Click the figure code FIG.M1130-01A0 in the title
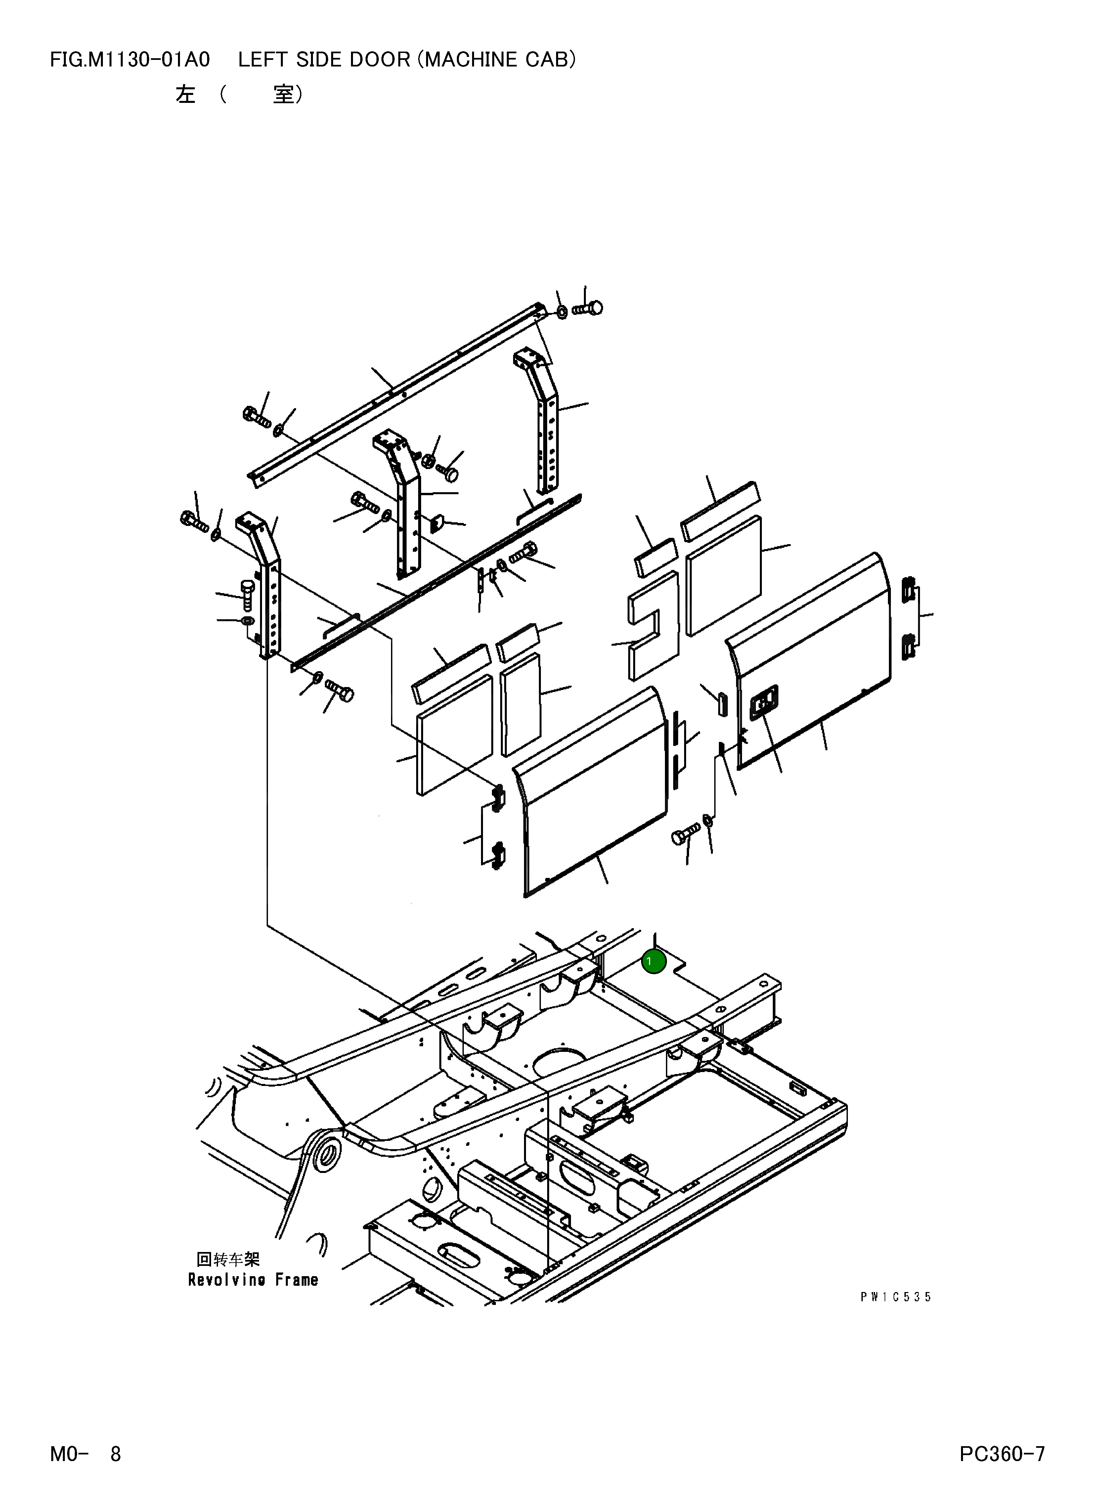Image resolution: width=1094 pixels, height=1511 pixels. coord(130,60)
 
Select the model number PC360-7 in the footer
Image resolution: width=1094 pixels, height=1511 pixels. coord(1001,1454)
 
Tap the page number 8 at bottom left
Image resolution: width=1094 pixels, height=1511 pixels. coord(115,1454)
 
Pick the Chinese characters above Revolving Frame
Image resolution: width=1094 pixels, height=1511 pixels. coord(228,1259)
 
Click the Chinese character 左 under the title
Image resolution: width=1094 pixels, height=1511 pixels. coord(185,95)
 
